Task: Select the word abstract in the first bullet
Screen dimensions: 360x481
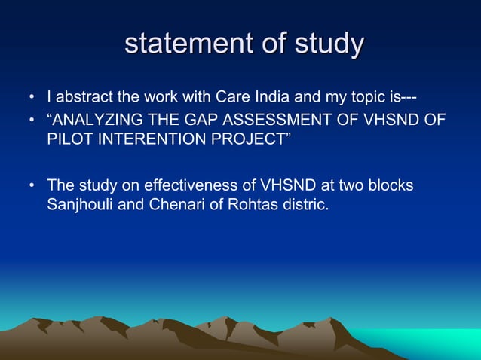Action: (x=85, y=98)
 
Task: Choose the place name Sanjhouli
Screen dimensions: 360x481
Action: (x=78, y=205)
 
